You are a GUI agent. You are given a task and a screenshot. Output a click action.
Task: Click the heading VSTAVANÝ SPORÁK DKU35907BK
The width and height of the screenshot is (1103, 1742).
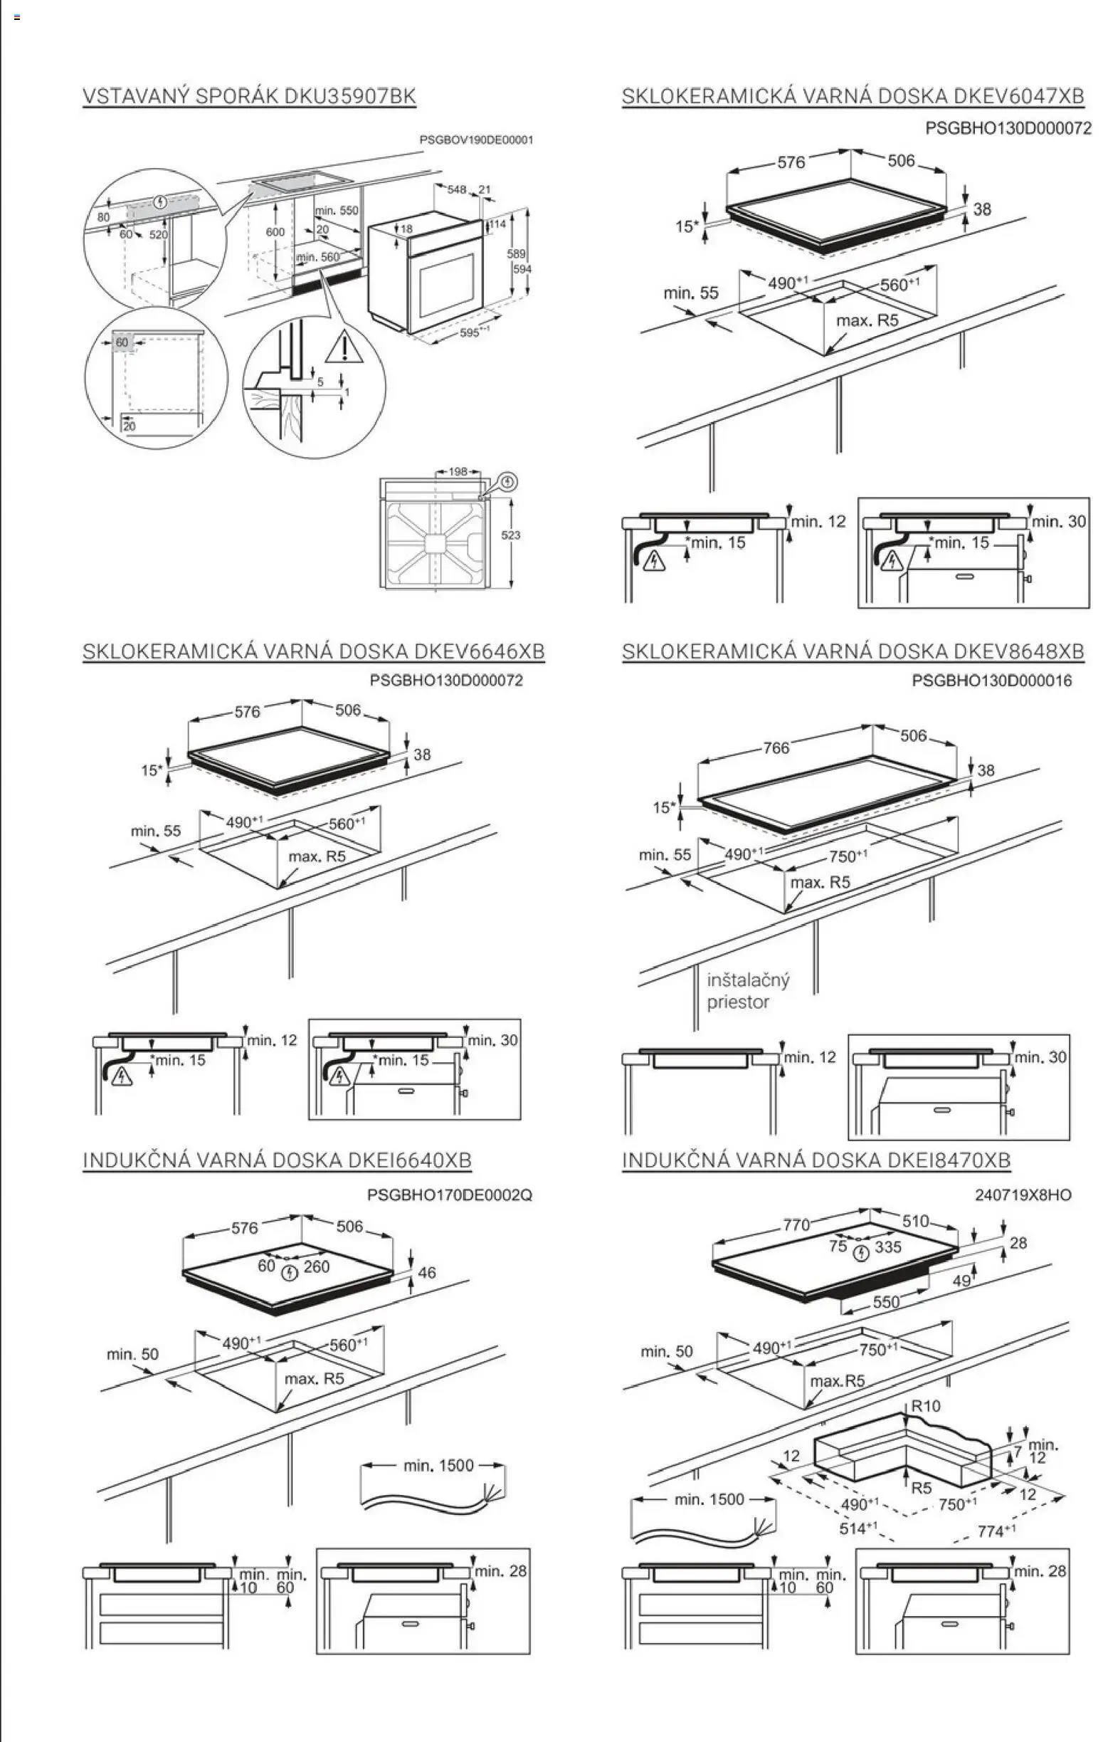249,96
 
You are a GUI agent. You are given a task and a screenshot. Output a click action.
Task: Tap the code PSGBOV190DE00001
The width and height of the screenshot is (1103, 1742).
476,140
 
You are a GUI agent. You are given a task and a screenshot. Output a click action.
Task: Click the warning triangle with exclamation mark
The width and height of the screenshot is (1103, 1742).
344,347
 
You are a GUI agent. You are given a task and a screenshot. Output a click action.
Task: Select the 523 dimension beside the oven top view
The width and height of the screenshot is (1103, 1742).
511,535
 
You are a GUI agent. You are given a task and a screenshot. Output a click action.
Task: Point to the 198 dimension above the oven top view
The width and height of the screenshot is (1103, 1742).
458,472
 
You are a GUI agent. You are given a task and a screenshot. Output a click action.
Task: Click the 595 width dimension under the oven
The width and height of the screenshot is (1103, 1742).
471,332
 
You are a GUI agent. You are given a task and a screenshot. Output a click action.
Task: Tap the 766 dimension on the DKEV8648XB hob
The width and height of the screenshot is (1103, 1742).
776,747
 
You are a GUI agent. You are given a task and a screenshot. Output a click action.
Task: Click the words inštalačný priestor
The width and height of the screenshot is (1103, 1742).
748,991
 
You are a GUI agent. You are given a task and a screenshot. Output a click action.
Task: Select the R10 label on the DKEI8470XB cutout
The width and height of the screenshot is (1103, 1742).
925,1405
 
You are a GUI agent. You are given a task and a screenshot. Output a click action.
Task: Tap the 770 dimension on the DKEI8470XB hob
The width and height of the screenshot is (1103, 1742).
796,1224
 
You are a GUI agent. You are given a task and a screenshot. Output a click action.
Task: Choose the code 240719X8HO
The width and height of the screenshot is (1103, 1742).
1023,1195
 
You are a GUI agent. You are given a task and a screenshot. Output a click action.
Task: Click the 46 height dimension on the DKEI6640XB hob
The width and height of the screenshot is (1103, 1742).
427,1271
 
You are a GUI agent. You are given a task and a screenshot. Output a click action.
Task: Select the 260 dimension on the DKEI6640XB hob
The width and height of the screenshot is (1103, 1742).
316,1266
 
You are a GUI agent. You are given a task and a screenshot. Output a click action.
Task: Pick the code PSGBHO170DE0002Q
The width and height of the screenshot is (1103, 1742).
449,1195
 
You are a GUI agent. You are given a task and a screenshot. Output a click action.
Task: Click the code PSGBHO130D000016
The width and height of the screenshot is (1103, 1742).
991,681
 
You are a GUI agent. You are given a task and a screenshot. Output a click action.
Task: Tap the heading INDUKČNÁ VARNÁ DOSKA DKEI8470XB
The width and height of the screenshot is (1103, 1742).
816,1160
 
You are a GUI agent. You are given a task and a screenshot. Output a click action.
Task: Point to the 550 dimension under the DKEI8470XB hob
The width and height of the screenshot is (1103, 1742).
885,1301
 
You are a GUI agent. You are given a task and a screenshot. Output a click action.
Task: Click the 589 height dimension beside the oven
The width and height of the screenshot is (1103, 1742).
515,254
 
